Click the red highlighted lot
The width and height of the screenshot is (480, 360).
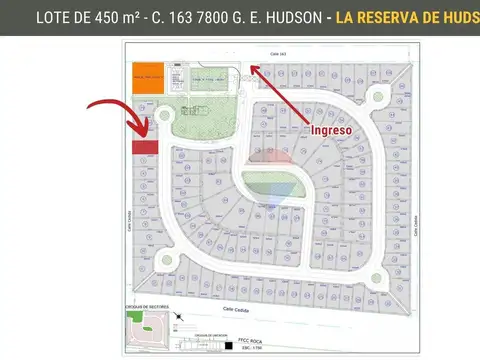[146, 147]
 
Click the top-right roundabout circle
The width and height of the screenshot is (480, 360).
[379, 97]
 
